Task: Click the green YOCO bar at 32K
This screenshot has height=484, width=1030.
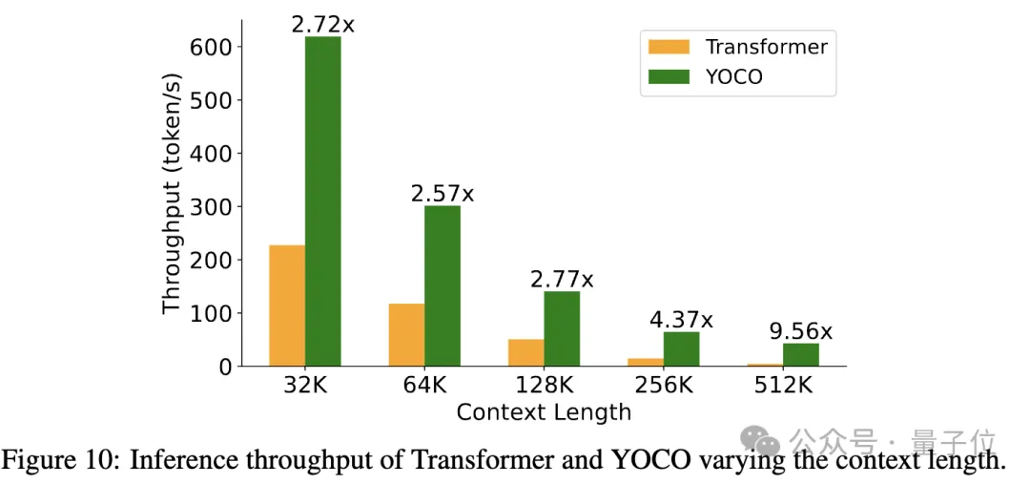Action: [323, 200]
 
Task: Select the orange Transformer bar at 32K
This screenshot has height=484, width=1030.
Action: [287, 305]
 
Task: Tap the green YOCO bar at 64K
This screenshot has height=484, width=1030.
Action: [443, 285]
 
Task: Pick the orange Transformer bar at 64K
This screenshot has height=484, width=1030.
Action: [406, 334]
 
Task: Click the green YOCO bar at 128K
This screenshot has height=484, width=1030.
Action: [562, 328]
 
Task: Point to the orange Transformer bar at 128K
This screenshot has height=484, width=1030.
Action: [525, 352]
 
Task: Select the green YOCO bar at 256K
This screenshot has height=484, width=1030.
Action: [681, 348]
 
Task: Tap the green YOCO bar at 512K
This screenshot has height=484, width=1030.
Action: [801, 354]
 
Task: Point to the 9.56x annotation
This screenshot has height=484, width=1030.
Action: [800, 331]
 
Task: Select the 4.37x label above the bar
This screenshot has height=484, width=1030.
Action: [681, 320]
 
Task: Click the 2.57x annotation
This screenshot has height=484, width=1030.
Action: [442, 194]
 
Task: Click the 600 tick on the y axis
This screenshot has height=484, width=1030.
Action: [212, 47]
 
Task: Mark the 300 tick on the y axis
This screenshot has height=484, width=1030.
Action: [212, 206]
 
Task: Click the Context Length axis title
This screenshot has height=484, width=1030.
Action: [544, 412]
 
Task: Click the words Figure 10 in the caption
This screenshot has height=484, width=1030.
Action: [58, 460]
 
